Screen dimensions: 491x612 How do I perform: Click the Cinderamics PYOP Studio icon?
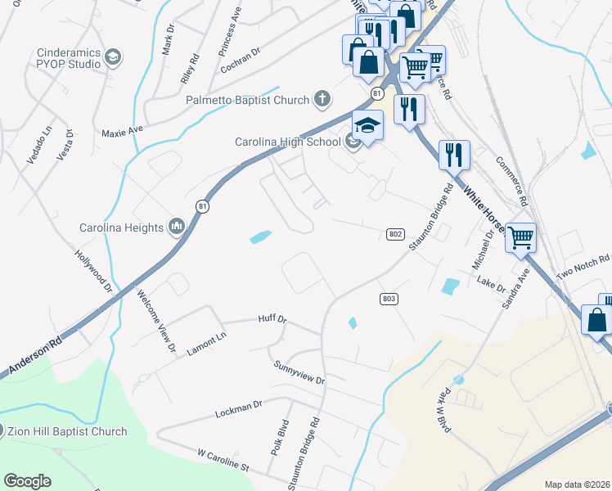(x=113, y=57)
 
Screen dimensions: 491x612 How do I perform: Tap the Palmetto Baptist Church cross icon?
(x=322, y=100)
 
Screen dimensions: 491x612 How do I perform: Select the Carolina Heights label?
(x=121, y=227)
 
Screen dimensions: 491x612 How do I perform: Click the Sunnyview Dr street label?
(x=299, y=373)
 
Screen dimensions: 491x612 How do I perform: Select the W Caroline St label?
(x=223, y=464)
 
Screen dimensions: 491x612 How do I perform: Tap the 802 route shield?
(x=395, y=234)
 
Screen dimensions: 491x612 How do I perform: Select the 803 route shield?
(x=389, y=299)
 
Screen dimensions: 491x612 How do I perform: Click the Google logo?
(x=27, y=481)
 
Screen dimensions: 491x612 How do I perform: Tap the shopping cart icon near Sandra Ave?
(x=520, y=238)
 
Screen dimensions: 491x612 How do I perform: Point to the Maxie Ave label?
(x=122, y=129)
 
